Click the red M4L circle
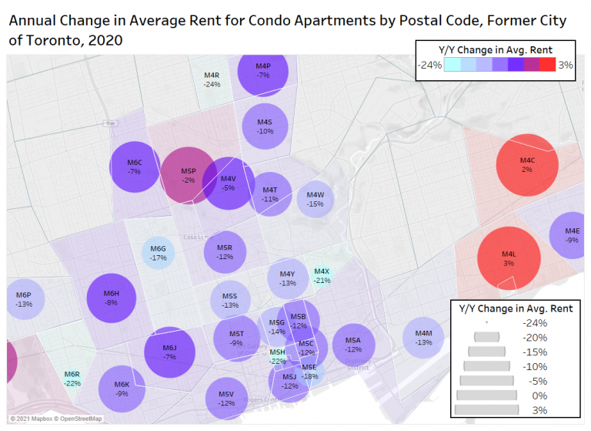[509, 258]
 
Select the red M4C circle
[526, 164]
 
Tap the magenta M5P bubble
[188, 176]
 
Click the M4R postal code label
[212, 79]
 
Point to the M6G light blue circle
[158, 253]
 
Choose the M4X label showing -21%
[322, 276]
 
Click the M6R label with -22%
[72, 379]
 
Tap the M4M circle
[423, 338]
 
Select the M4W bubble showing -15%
[315, 200]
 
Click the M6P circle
[24, 300]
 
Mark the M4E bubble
[571, 235]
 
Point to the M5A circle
[352, 344]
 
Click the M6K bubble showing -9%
[122, 389]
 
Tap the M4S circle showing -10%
[265, 126]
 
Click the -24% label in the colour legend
[429, 66]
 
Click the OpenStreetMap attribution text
[75, 419]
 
